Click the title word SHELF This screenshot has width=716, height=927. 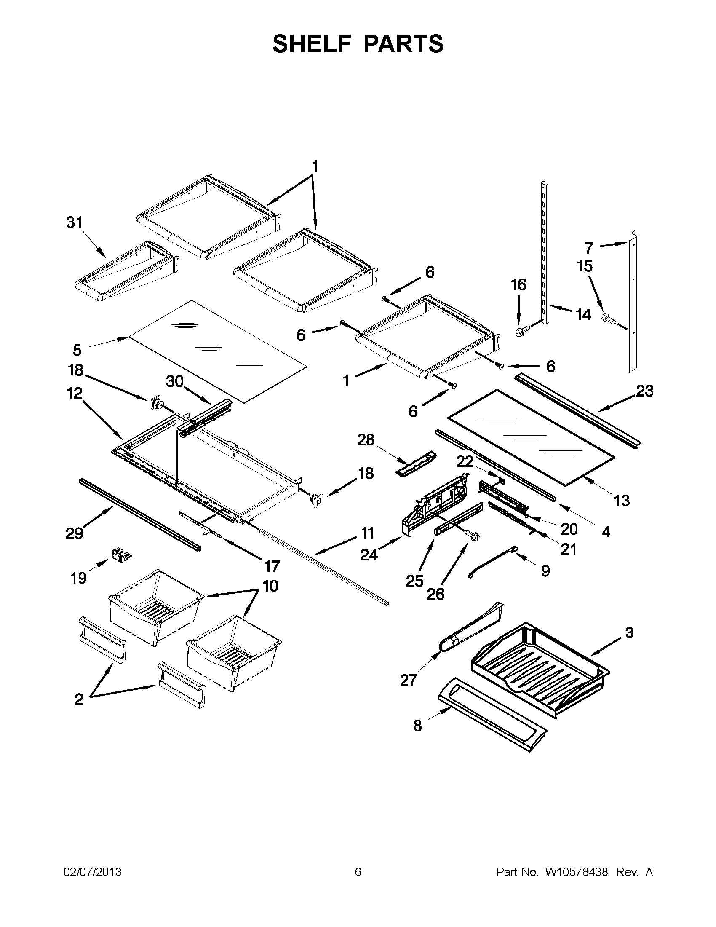click(x=311, y=44)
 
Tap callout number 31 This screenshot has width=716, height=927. click(x=75, y=222)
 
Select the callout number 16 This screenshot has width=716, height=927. click(x=518, y=285)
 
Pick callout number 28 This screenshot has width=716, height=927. click(x=366, y=440)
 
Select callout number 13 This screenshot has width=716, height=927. click(x=621, y=501)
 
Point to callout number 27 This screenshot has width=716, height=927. click(x=409, y=680)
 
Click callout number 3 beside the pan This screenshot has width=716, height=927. click(x=630, y=645)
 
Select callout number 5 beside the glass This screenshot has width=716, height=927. click(x=77, y=351)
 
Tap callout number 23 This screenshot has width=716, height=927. click(x=645, y=391)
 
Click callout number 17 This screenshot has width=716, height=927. click(x=273, y=566)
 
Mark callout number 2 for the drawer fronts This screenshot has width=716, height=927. click(x=79, y=699)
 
